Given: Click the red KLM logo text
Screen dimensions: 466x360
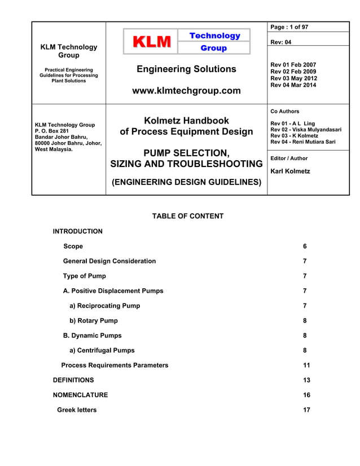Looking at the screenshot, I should pyautogui.click(x=151, y=42).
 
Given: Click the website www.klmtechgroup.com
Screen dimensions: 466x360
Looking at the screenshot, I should pyautogui.click(x=186, y=90).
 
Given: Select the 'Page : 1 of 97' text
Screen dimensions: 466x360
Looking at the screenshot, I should pyautogui.click(x=289, y=27).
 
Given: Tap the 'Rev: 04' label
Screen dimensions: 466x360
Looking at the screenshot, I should pyautogui.click(x=282, y=42).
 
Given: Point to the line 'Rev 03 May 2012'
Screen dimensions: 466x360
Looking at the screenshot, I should pyautogui.click(x=293, y=78).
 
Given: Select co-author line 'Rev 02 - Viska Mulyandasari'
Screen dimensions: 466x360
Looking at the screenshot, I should pyautogui.click(x=305, y=129).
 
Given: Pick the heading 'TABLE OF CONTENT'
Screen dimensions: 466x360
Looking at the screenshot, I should pyautogui.click(x=188, y=216).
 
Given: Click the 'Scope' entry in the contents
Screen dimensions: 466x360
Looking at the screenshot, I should pyautogui.click(x=73, y=247).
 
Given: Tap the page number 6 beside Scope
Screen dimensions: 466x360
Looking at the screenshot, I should pyautogui.click(x=305, y=247).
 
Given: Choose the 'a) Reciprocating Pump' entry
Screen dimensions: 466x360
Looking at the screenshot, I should pyautogui.click(x=104, y=306).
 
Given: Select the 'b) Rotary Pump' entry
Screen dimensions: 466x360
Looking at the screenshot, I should pyautogui.click(x=93, y=320).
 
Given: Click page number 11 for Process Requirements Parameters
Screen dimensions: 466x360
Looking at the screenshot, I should pyautogui.click(x=306, y=365).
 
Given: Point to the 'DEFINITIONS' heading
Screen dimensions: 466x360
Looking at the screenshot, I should pyautogui.click(x=73, y=380).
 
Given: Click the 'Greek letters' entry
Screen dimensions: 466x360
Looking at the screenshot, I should pyautogui.click(x=77, y=410).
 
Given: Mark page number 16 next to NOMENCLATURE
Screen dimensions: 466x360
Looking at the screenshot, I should pyautogui.click(x=306, y=395).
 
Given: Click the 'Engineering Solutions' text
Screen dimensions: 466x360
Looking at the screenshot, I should pyautogui.click(x=186, y=69).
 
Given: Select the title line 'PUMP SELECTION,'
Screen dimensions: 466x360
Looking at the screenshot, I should pyautogui.click(x=186, y=153).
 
